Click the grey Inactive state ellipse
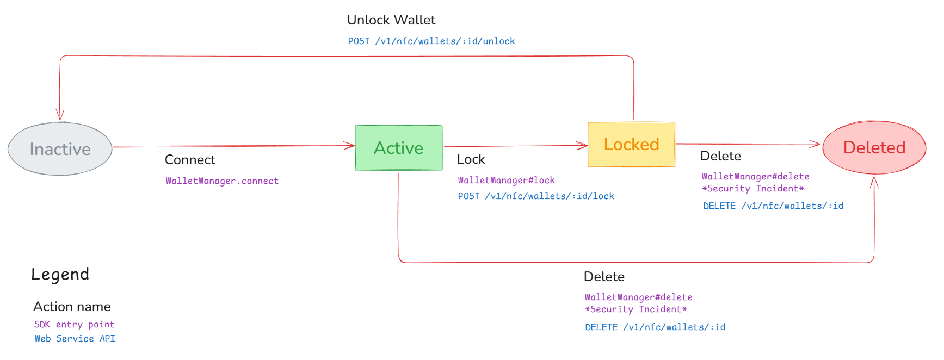pyautogui.click(x=60, y=149)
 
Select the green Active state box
pyautogui.click(x=398, y=148)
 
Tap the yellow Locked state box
pyautogui.click(x=631, y=145)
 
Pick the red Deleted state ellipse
pyautogui.click(x=874, y=147)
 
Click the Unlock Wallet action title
pyautogui.click(x=391, y=20)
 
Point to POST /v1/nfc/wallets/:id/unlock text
pyautogui.click(x=431, y=41)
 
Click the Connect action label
pyautogui.click(x=190, y=160)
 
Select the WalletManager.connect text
pyautogui.click(x=222, y=181)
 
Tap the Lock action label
pyautogui.click(x=471, y=159)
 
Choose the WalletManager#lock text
pyautogui.click(x=506, y=181)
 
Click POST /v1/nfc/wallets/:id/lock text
pyautogui.click(x=535, y=196)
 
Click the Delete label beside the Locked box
pyautogui.click(x=720, y=156)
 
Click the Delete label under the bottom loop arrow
pyautogui.click(x=604, y=277)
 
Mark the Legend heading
pyautogui.click(x=60, y=275)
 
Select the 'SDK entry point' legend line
pyautogui.click(x=75, y=325)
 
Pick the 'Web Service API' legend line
pyautogui.click(x=75, y=339)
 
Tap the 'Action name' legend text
pyautogui.click(x=72, y=307)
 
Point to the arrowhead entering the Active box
pyautogui.click(x=350, y=145)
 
